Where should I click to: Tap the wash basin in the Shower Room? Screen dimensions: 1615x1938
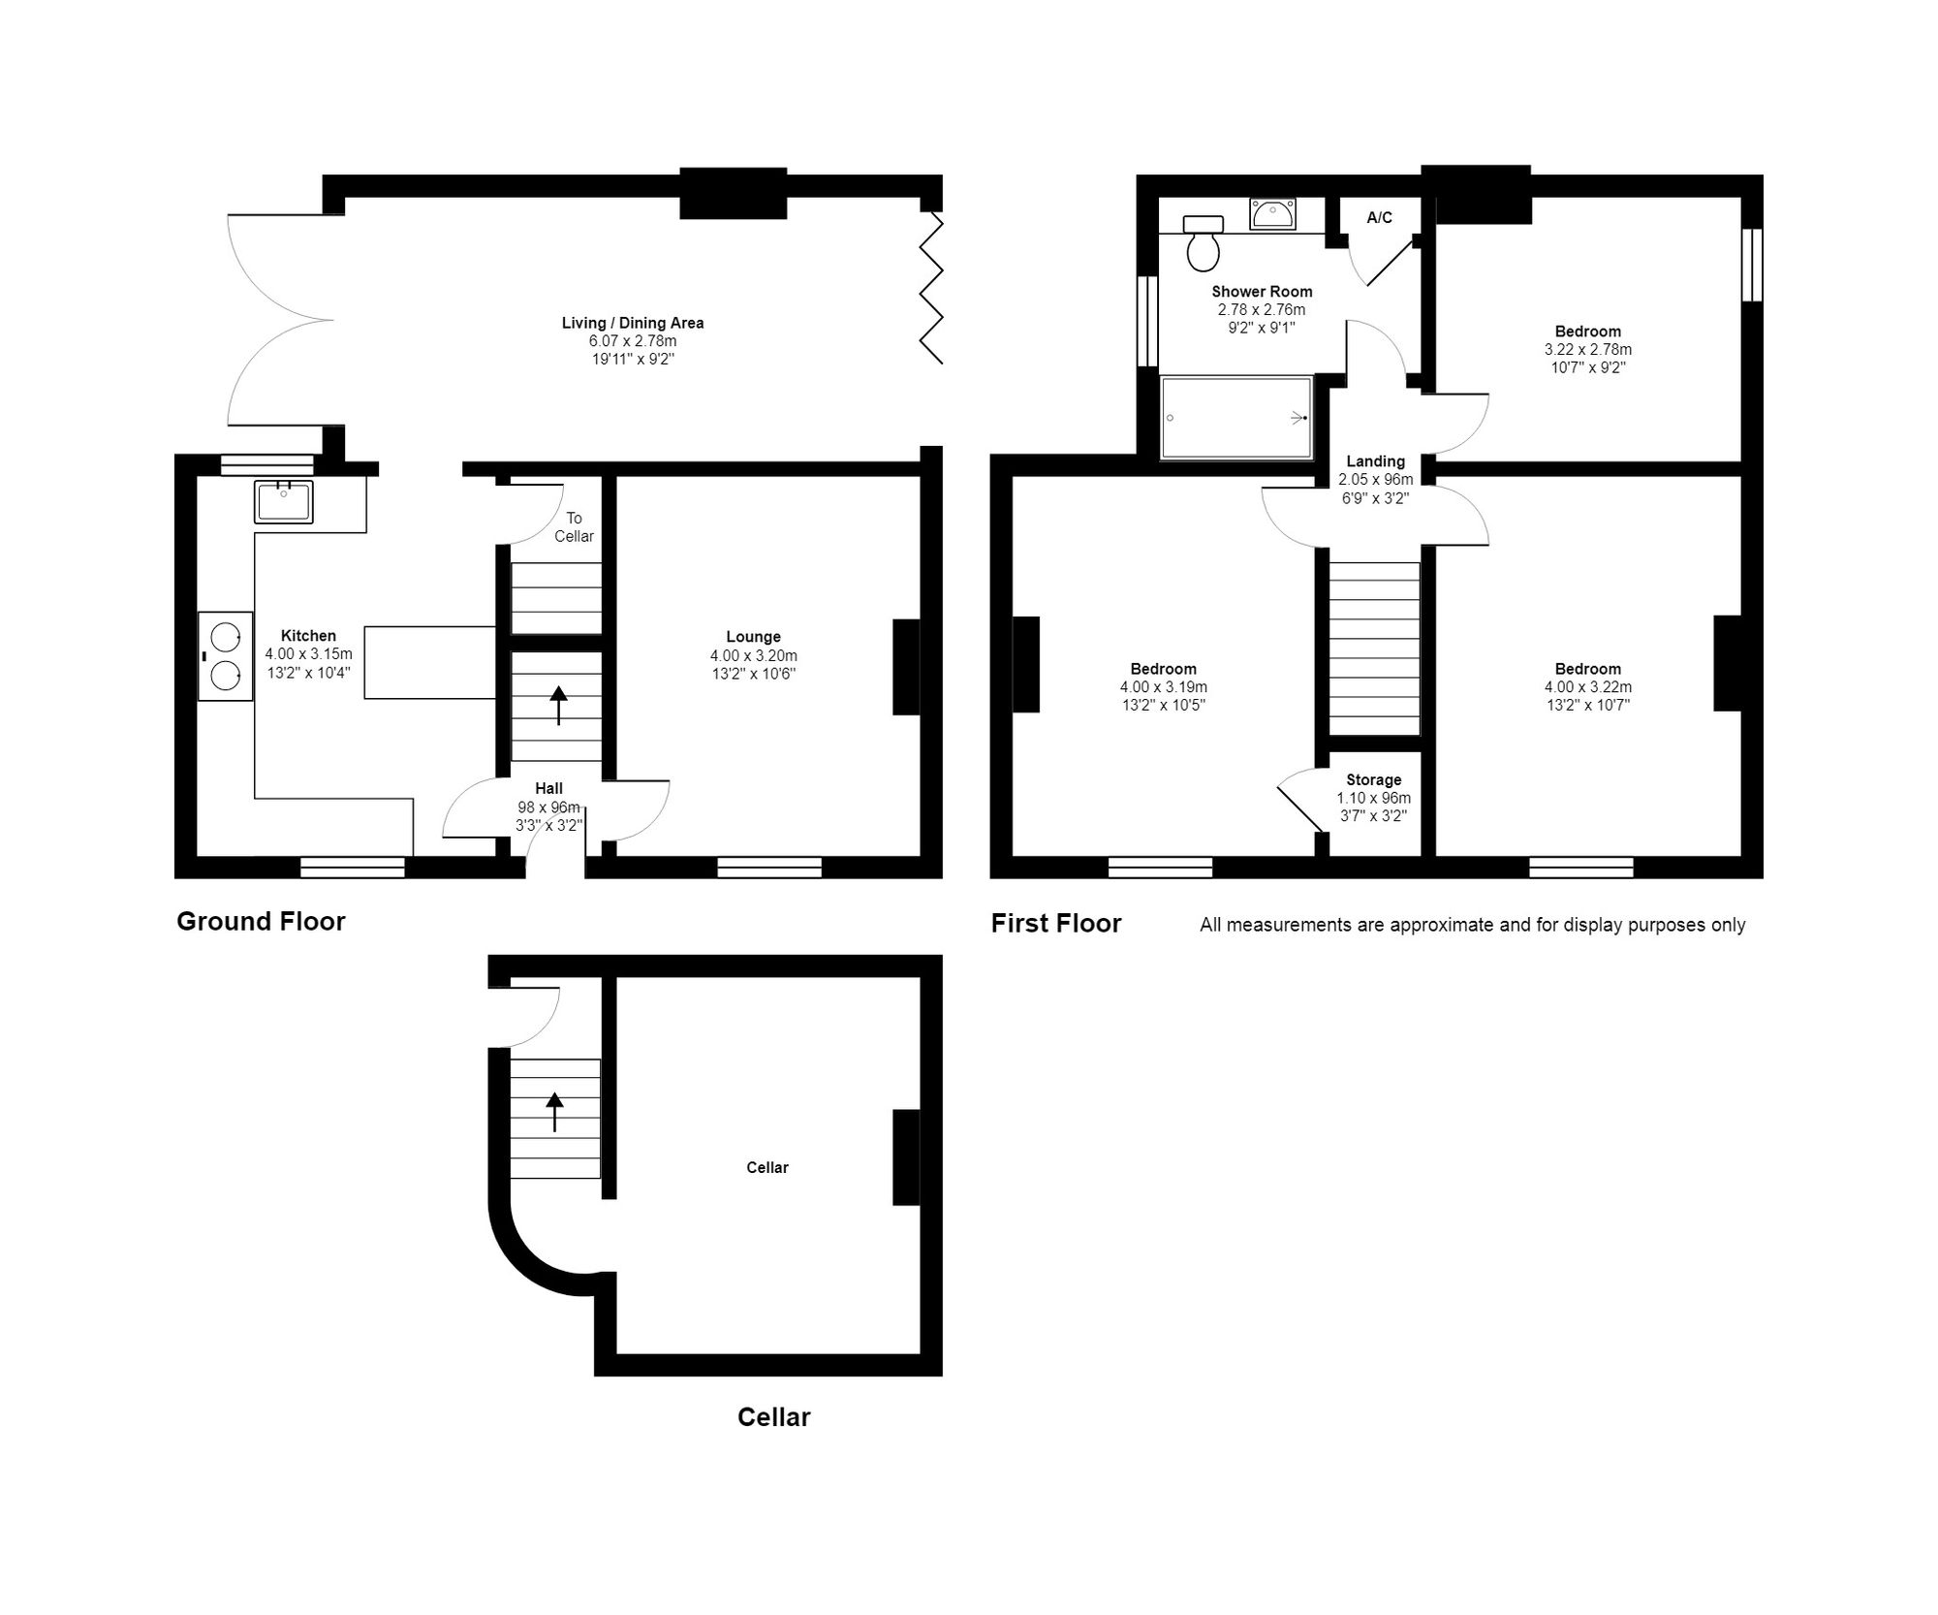(x=1272, y=214)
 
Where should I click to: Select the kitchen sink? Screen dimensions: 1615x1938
(x=284, y=502)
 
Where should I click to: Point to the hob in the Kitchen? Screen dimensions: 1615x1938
(x=225, y=656)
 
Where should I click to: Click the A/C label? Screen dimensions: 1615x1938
(x=1379, y=218)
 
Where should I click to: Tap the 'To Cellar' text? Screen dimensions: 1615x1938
(x=574, y=527)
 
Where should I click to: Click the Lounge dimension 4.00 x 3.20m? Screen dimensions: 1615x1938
(x=753, y=656)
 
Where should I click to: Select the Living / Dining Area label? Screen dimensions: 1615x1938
(x=633, y=323)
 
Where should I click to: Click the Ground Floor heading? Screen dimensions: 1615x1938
(x=261, y=921)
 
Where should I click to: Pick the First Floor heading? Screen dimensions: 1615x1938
(x=1055, y=923)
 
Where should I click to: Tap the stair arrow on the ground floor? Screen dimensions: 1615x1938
(x=558, y=705)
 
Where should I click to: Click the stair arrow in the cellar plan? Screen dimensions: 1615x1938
(x=554, y=1112)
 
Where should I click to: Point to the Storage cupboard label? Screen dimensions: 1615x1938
(x=1373, y=780)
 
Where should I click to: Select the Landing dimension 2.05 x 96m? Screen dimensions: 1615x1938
(x=1375, y=480)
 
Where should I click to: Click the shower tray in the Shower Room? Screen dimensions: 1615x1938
(x=1235, y=418)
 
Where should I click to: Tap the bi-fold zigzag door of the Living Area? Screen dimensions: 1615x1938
(x=930, y=289)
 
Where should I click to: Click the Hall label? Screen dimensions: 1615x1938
(x=548, y=789)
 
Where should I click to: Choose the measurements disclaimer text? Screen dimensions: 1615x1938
(x=1472, y=925)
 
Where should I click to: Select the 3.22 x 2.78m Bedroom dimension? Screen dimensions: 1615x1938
(x=1587, y=350)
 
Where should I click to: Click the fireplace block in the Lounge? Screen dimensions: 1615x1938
(x=906, y=667)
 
